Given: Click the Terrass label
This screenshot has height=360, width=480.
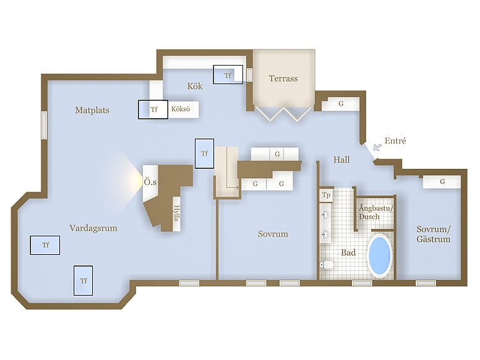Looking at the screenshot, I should [283, 79].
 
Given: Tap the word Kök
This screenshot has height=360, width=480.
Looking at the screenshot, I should [195, 86].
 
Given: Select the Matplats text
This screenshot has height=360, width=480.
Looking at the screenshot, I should [92, 111].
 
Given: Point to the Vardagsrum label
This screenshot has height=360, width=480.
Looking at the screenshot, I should [93, 228].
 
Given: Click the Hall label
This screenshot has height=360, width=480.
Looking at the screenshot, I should [341, 160].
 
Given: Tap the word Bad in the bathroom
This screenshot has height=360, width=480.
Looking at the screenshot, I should [348, 252].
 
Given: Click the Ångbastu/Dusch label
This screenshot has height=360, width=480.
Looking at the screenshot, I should [375, 213].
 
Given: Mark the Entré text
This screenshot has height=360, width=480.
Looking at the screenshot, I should [395, 141].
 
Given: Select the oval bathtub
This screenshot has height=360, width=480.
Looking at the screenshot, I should [379, 254].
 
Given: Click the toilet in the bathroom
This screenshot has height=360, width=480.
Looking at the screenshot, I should [327, 265].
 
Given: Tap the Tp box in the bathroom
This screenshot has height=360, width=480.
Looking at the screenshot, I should [326, 195].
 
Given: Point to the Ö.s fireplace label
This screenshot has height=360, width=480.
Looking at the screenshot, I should [150, 183].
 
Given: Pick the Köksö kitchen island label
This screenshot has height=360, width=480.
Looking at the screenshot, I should [181, 109].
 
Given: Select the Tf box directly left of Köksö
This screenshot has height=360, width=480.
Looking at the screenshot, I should [152, 109].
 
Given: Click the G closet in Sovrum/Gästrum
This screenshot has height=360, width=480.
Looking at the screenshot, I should [442, 182].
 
